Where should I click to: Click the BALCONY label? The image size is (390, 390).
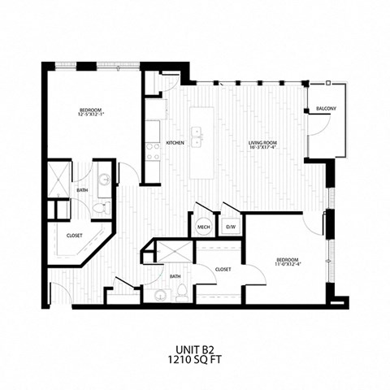pos(326,108)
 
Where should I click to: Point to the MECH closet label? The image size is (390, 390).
pos(203,227)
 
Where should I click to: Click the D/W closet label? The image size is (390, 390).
pos(231,227)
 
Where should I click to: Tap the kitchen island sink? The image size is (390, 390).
pos(197,133)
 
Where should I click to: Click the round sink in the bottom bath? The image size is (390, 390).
pos(160,294)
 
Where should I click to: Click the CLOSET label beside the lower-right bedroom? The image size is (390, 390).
pos(224,269)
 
